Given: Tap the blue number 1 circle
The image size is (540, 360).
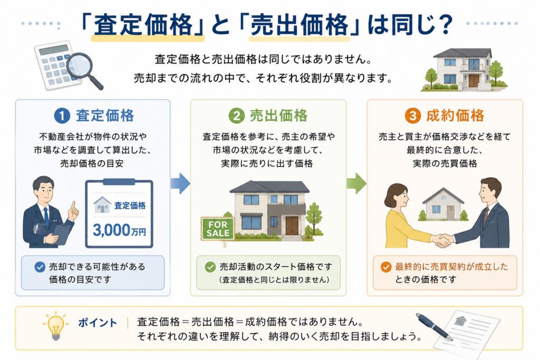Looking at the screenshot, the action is (62, 115).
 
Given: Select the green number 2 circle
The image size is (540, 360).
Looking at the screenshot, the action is (237, 115).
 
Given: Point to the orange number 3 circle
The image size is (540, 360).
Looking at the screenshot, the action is (413, 115).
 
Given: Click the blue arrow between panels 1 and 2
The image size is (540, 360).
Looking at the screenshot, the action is (180, 183).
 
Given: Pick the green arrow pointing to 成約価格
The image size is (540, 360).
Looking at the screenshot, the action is (356, 183).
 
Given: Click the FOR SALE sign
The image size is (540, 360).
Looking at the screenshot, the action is (218, 229).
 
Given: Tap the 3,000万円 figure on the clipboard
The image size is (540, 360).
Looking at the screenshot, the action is (119, 230).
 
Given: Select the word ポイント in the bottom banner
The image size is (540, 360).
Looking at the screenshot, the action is (98, 323).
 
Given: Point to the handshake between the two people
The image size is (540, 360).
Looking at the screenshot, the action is (442, 240).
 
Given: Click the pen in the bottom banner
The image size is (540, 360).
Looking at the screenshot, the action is (434, 326).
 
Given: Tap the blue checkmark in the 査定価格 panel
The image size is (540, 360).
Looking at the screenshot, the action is (40, 267).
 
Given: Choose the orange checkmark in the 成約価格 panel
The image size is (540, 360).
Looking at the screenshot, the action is (386, 267).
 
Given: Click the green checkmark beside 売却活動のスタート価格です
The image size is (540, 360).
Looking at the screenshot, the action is (210, 267).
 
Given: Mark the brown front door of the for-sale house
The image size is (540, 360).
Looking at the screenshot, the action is (292, 226).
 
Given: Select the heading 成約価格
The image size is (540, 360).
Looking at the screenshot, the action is (455, 115).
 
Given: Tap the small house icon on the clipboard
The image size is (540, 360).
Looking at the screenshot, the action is (102, 205).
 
